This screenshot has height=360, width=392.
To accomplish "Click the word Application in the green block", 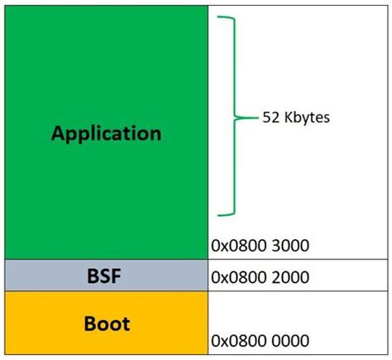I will (x=106, y=132).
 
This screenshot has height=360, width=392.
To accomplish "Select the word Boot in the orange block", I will (x=106, y=324).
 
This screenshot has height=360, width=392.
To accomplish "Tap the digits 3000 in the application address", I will (x=290, y=246).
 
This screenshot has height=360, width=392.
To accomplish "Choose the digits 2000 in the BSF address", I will (x=290, y=276).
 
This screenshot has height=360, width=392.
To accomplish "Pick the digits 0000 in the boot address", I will (x=290, y=340).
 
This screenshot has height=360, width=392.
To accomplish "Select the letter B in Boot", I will (x=88, y=324).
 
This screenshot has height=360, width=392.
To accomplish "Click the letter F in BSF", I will (x=118, y=275).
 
